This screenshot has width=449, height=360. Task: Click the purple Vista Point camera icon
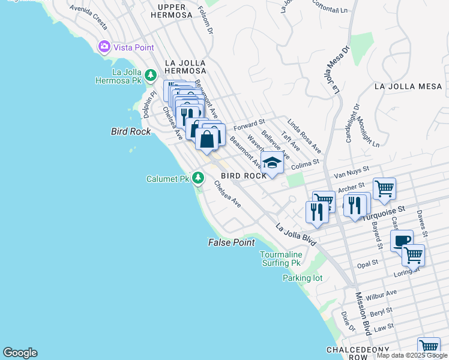[104, 47]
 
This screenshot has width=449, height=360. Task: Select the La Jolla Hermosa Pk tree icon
[150, 75]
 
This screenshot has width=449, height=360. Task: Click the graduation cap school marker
[272, 163]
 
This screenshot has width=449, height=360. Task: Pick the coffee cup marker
[402, 241]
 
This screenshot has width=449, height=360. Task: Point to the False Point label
[231, 242]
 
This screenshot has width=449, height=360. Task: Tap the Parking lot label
[303, 278]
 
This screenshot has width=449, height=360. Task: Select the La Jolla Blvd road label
[296, 235]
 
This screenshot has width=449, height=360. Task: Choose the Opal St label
[367, 263]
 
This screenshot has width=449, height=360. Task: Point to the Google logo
[20, 353]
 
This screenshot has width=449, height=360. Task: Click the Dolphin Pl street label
[146, 106]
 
